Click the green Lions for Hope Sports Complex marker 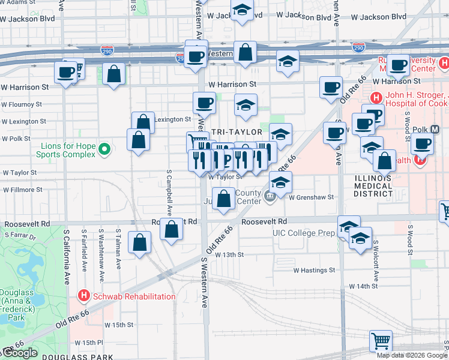coord(104,148)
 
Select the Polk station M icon coord(435,129)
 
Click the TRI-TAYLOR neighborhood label coord(237,132)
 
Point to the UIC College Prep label coord(303,233)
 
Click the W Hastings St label coord(314,270)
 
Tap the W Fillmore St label coord(23,190)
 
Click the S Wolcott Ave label coord(375,261)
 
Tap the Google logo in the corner coord(20,353)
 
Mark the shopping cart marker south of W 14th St coord(381,341)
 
